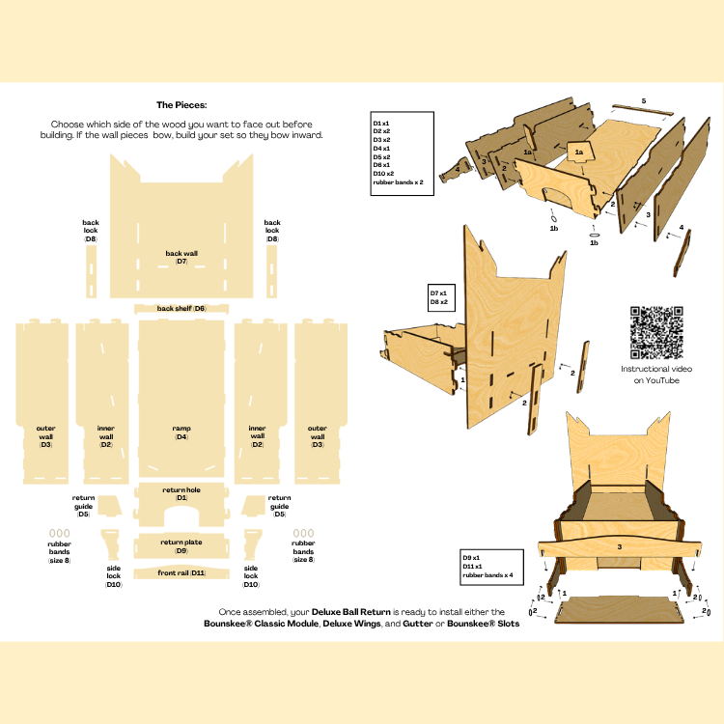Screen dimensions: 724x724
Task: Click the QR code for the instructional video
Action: pos(655,332)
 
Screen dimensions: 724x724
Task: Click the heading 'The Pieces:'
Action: pos(181,105)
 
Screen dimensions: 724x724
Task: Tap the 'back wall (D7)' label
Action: pos(181,257)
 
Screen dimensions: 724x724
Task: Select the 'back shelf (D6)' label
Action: pos(182,308)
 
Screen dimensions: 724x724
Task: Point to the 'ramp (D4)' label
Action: pos(181,432)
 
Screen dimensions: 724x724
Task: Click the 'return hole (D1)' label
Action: pos(181,494)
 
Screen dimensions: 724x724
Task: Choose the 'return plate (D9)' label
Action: pos(181,546)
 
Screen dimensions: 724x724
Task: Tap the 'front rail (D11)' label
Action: pos(181,573)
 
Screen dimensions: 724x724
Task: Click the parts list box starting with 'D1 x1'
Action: pos(403,153)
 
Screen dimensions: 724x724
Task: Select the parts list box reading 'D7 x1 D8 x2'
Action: pos(446,297)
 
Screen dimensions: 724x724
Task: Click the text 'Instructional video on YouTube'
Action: pos(655,376)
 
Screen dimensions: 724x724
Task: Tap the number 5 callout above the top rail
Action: pos(644,101)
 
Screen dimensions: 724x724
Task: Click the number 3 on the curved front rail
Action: pos(619,547)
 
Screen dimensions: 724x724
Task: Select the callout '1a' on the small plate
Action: pos(579,153)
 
